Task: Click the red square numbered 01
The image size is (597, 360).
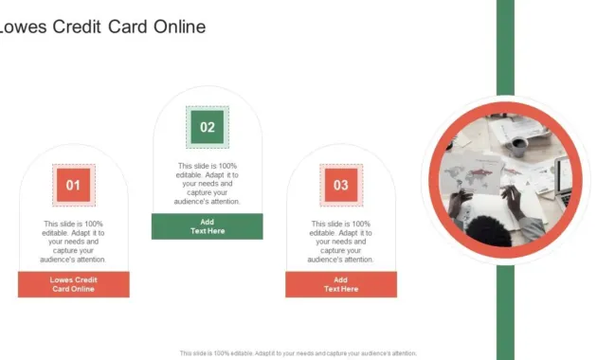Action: [73, 184]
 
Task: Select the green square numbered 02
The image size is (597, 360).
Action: [208, 126]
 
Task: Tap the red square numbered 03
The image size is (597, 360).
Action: [341, 184]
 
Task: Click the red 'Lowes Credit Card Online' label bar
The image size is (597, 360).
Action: [73, 284]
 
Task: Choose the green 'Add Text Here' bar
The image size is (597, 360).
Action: [208, 226]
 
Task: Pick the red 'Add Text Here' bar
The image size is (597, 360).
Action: [341, 284]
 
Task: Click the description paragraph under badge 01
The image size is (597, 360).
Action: [73, 242]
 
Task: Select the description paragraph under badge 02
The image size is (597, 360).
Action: [208, 184]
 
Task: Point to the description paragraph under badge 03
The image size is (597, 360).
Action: [341, 242]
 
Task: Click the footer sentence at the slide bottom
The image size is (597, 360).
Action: [298, 353]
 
